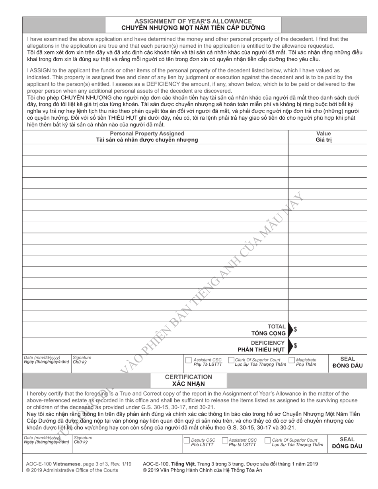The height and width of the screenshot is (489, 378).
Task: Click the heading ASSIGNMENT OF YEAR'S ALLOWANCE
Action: [193, 21]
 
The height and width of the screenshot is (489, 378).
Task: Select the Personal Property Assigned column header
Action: [147, 134]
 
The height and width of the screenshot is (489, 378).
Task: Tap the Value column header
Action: [323, 134]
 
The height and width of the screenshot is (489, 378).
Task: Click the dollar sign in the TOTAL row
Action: [295, 329]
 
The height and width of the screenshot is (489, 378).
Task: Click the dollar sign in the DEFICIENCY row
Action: [295, 345]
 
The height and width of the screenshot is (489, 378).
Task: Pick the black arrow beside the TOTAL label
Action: [290, 329]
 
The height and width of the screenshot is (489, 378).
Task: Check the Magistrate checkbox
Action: [292, 361]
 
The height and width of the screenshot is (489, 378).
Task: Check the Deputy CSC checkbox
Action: [187, 440]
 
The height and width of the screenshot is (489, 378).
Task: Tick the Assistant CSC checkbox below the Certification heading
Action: [225, 440]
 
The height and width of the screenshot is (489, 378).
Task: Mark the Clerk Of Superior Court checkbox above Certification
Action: [231, 361]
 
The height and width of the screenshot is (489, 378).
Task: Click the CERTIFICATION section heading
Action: [188, 376]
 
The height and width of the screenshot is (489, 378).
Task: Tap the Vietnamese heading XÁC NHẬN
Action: [188, 384]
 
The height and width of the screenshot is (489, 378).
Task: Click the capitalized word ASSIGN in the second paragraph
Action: [40, 70]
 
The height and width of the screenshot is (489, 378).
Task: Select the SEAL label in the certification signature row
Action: [347, 439]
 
